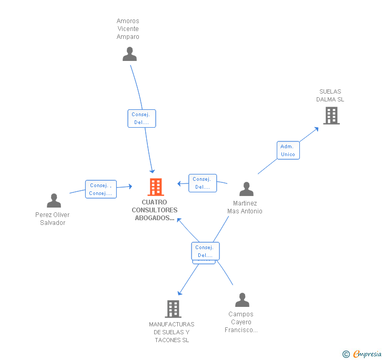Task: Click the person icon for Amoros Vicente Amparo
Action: point(129,54)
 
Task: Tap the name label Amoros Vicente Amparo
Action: point(128,29)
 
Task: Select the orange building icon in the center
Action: point(155,187)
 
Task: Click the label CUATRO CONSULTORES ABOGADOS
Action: point(155,210)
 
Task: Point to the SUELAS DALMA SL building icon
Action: point(331,116)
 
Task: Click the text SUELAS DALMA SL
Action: point(330,95)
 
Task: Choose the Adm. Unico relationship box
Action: point(288,150)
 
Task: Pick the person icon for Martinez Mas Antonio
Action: point(246,189)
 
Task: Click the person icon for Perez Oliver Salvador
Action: point(54,201)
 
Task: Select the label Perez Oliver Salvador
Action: point(53,219)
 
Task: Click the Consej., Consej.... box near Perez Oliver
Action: point(100,189)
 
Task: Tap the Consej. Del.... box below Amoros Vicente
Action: point(142,118)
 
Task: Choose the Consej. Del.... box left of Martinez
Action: point(203,183)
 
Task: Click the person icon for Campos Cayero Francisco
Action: point(242,300)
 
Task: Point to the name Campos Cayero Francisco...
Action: point(241,322)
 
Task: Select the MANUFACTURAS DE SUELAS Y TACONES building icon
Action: point(173,309)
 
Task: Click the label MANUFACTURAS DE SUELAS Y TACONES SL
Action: point(172,332)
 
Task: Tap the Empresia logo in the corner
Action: point(362,354)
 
